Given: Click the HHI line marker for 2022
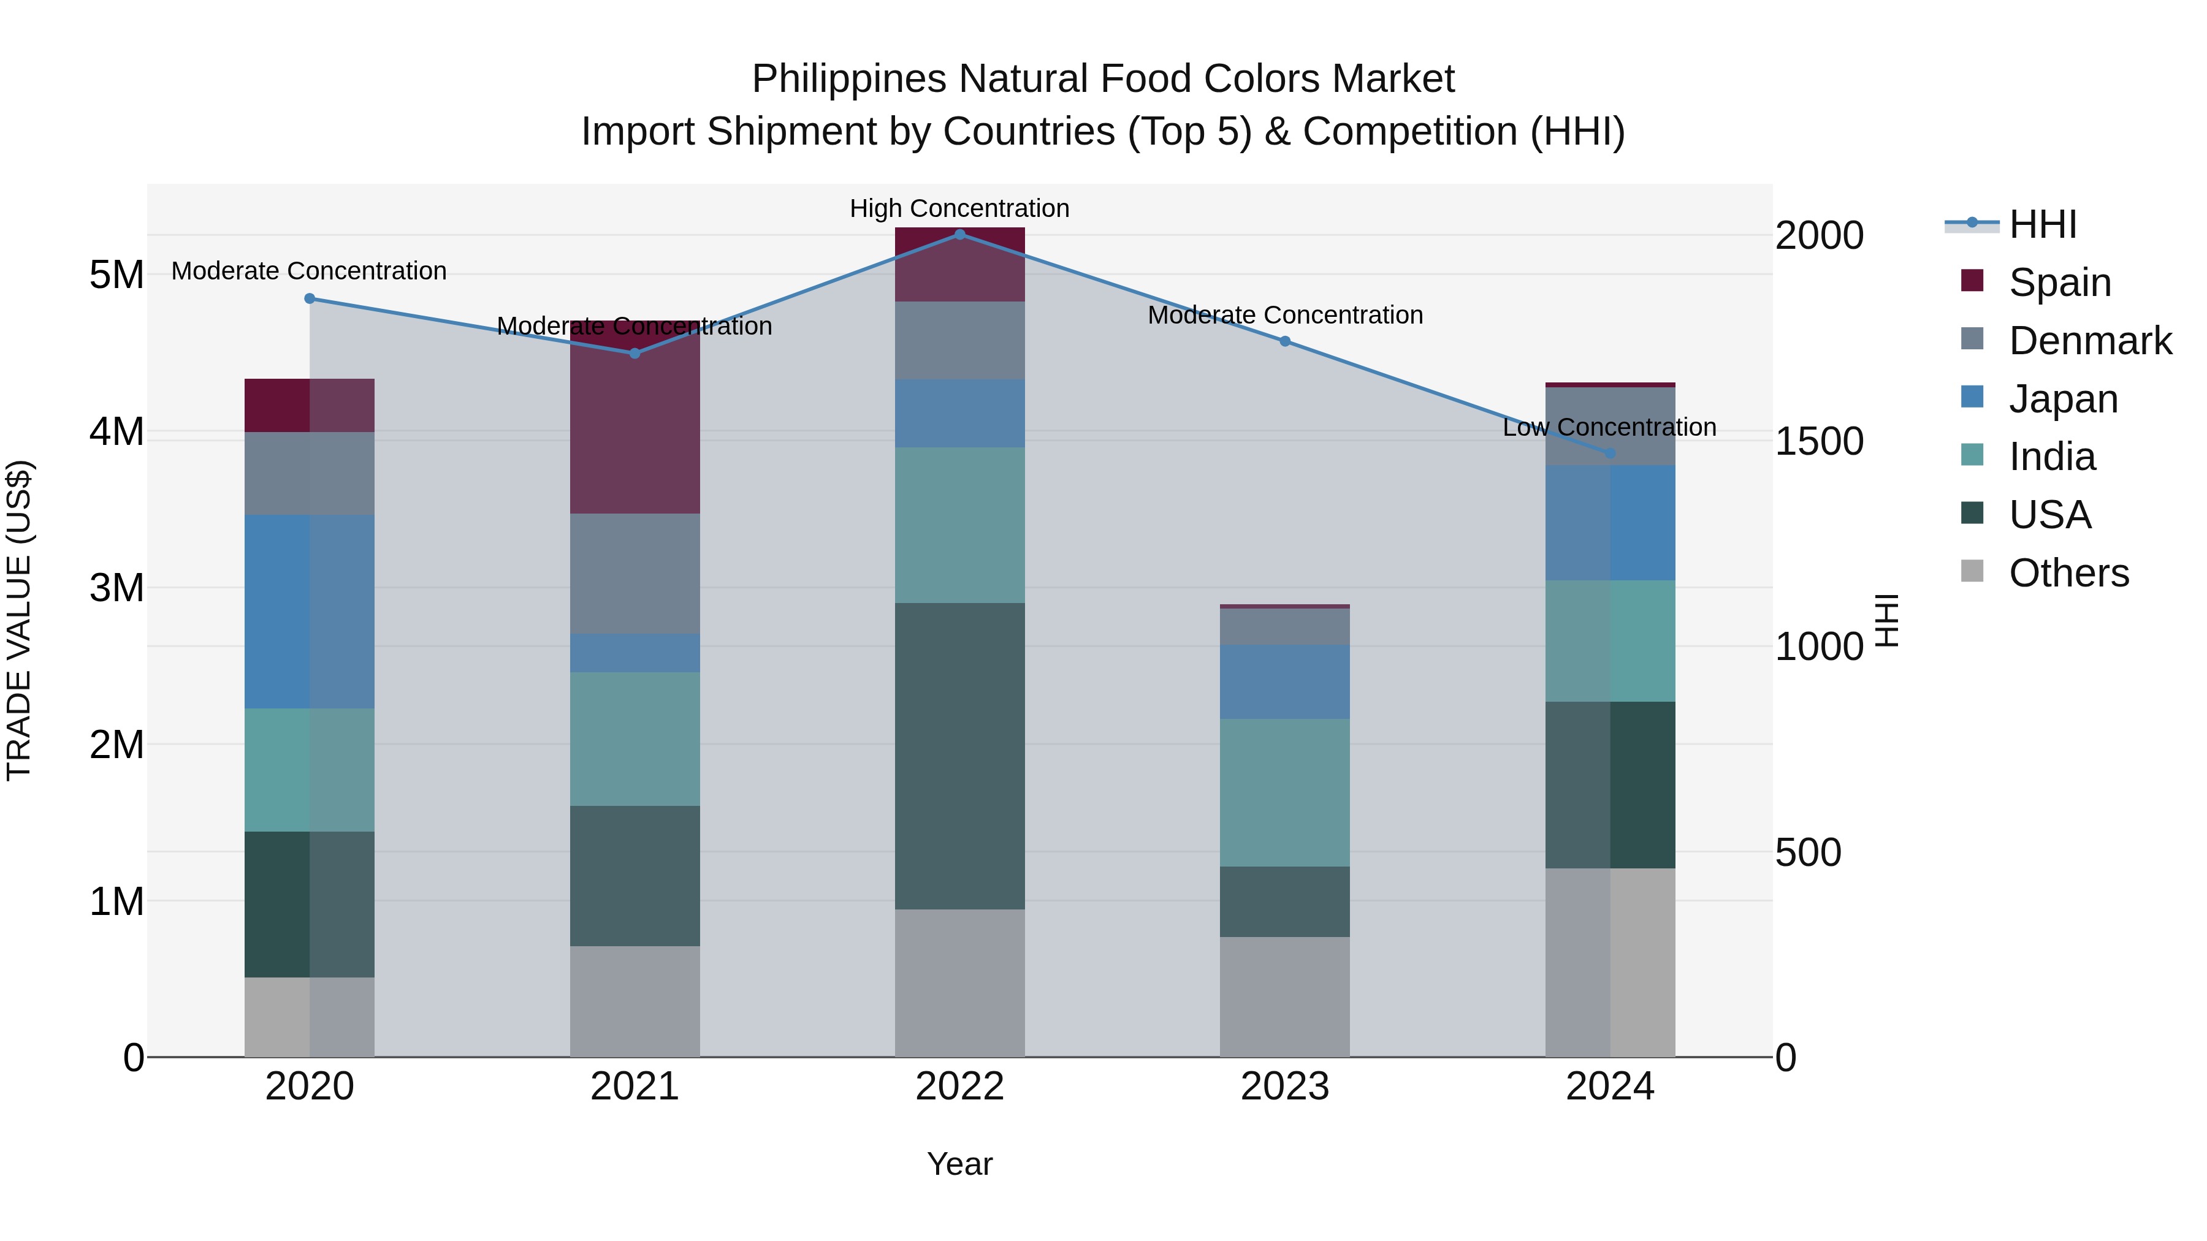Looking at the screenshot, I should click(959, 234).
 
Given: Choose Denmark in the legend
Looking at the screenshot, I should click(2090, 341).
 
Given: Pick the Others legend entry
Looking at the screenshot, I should click(2068, 573).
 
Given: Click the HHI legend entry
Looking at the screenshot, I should click(2043, 224).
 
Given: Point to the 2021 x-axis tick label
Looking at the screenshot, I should click(634, 1087).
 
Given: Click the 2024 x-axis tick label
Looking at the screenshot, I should click(1609, 1087).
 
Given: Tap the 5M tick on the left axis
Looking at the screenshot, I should click(116, 275).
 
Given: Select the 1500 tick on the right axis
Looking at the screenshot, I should click(1819, 442).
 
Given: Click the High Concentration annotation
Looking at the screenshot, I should click(959, 208).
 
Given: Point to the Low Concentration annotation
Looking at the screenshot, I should click(1609, 427).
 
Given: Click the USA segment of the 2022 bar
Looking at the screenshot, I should click(959, 756).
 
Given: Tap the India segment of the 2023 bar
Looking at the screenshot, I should click(1284, 792).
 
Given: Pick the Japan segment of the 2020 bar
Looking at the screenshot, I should click(310, 612).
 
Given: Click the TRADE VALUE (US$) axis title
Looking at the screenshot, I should click(19, 620).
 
